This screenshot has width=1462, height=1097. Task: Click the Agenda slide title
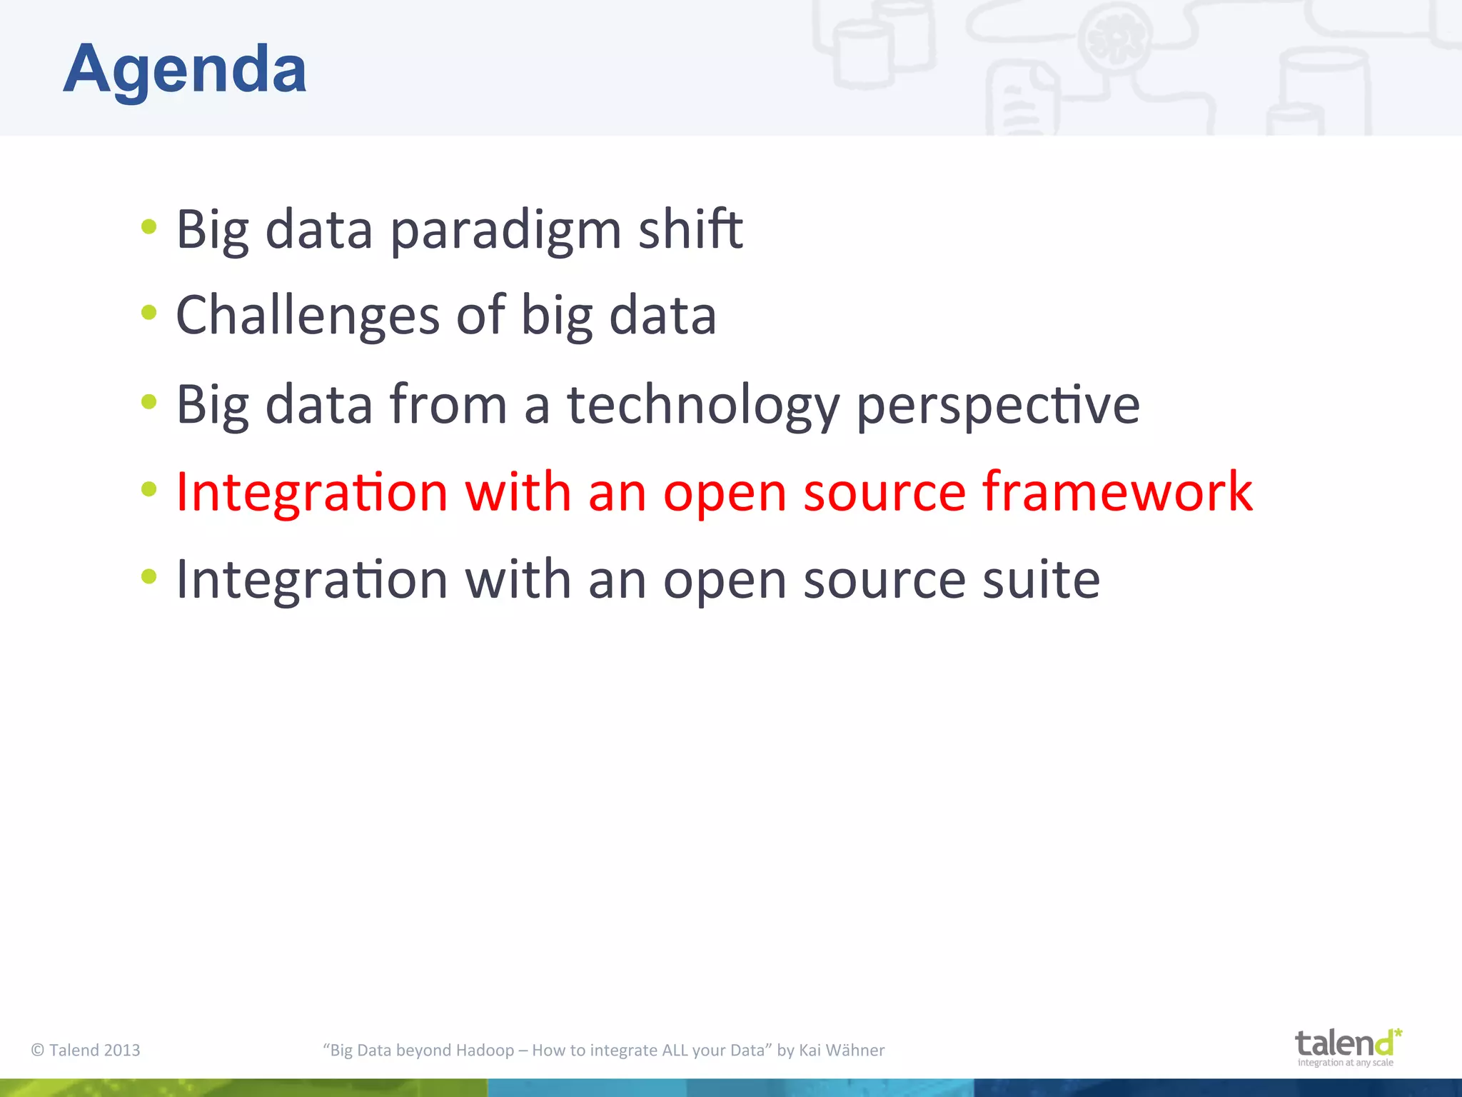click(x=185, y=69)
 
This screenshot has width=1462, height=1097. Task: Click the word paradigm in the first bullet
click(x=505, y=230)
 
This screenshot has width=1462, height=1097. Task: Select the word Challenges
click(x=308, y=316)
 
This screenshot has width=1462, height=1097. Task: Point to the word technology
click(x=703, y=405)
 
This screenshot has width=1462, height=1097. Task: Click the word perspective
click(x=997, y=405)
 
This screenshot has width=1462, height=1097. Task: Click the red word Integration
click(x=312, y=493)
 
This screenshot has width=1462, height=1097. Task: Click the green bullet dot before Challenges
click(x=148, y=312)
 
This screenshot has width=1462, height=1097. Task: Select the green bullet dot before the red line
click(x=148, y=489)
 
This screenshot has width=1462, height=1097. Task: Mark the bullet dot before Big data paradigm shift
click(x=148, y=226)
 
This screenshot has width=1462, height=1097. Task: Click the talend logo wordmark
click(x=1344, y=1043)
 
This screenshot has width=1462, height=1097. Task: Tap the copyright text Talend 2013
click(x=86, y=1050)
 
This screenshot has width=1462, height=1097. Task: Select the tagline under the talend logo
click(x=1345, y=1063)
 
